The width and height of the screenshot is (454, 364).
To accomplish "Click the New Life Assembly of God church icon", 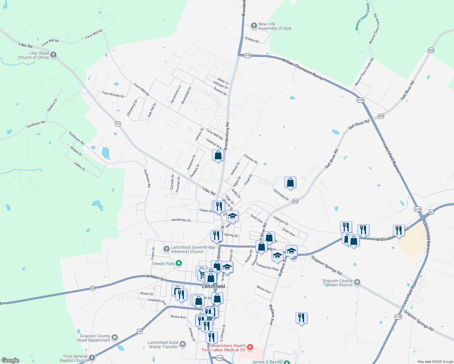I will [x=254, y=26].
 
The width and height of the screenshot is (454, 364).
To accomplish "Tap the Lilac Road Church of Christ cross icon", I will [x=53, y=55].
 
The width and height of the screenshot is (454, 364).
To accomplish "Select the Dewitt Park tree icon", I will [x=179, y=263].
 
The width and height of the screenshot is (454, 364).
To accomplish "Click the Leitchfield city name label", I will [x=214, y=286].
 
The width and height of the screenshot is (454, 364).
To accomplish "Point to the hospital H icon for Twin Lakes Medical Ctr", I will [x=250, y=347].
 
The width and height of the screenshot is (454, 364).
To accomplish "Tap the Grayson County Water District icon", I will [x=357, y=282].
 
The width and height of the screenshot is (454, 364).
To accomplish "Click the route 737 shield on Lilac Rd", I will [x=118, y=124].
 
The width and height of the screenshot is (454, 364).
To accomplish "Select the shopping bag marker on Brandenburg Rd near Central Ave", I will [x=218, y=156].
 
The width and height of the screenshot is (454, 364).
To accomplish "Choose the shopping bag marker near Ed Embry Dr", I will [x=290, y=183].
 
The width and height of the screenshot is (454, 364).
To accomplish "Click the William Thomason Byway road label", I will [x=303, y=69].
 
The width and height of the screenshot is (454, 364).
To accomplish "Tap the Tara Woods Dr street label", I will [x=113, y=95].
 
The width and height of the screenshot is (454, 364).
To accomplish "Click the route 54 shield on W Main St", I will [x=93, y=288].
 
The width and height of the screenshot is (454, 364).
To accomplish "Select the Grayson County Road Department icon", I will [x=115, y=337].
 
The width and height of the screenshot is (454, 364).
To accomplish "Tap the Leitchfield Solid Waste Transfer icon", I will [x=182, y=344].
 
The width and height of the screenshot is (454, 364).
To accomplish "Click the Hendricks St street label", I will [x=181, y=220].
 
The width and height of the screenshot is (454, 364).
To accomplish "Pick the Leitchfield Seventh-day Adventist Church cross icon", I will [x=166, y=249].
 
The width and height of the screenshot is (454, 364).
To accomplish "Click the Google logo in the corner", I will [x=10, y=360].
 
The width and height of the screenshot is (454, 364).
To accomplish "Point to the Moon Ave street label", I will [x=263, y=289].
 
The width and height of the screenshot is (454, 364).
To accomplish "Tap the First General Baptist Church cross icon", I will [x=92, y=358].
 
